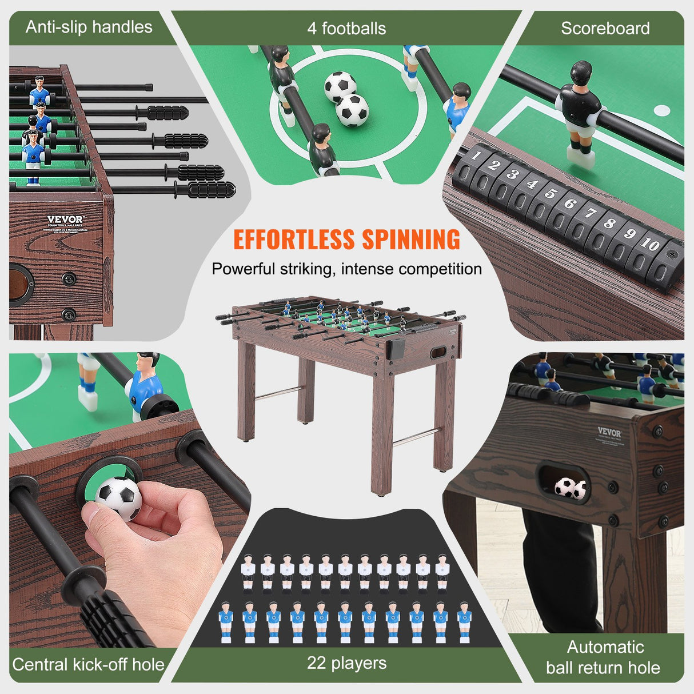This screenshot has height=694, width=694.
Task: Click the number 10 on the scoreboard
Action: [650, 244]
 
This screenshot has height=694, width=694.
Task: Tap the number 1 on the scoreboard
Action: [476, 155]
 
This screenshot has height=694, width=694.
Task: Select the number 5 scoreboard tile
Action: [551, 193]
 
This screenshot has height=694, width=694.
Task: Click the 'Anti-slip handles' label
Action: [89, 27]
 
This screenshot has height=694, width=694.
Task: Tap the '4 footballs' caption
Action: [346, 28]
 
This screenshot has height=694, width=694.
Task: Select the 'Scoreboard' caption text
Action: [605, 28]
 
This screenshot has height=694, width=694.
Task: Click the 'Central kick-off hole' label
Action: [88, 664]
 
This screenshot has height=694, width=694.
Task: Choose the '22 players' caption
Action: [346, 663]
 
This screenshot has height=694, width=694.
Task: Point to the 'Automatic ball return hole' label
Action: [604, 657]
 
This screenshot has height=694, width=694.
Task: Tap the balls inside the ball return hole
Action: [570, 488]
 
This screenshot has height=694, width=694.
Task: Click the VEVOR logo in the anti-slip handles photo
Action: [65, 220]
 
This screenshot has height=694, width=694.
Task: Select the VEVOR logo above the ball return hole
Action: [609, 432]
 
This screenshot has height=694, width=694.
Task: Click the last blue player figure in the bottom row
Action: [464, 620]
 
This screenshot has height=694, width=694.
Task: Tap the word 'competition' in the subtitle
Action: [440, 269]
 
